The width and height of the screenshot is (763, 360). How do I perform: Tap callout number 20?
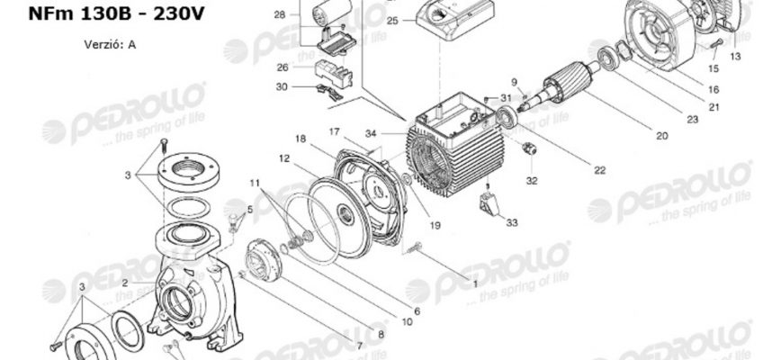[661, 137]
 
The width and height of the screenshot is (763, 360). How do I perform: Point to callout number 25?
[392, 20]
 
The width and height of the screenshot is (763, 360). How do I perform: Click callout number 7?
[359, 345]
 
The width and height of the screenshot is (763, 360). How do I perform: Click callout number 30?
[283, 87]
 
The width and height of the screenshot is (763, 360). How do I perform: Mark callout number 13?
[735, 56]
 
